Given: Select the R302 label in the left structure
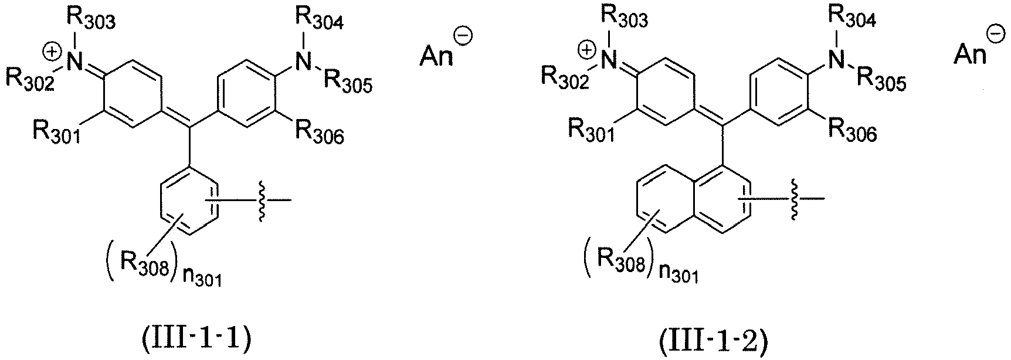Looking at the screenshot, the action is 31,79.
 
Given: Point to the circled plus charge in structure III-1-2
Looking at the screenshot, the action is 586,51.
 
